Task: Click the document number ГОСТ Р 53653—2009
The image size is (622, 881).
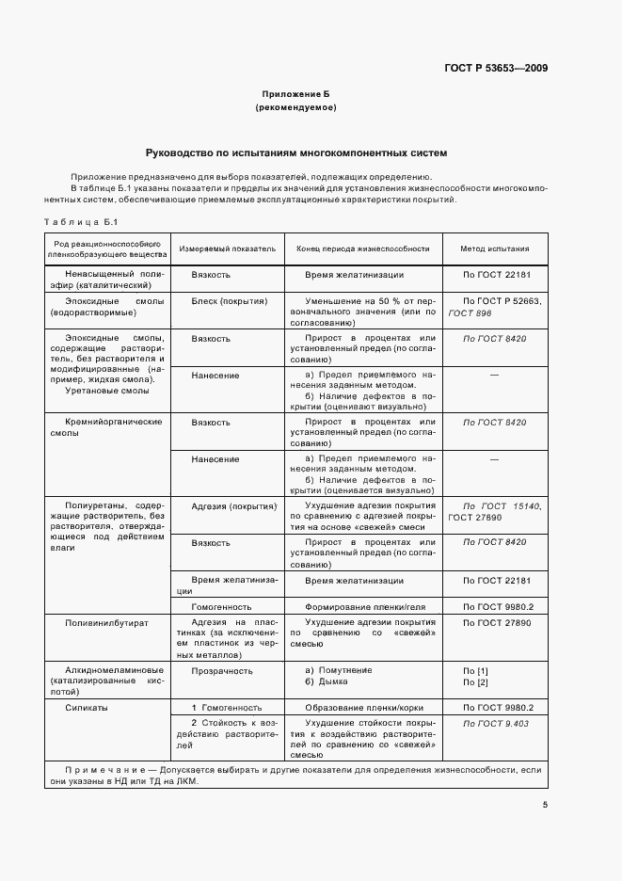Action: (496, 68)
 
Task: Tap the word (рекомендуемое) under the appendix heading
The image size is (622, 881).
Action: (295, 108)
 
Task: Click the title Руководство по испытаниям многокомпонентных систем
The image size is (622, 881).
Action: (295, 152)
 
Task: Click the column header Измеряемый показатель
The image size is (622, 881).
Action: (227, 249)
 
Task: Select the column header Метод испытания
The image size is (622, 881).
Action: (494, 249)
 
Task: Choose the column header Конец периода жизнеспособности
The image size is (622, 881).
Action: (362, 249)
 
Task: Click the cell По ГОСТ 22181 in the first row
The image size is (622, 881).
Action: (497, 275)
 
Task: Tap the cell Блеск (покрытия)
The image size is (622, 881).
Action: (230, 301)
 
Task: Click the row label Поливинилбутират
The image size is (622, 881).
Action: (102, 623)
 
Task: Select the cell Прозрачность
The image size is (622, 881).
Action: (222, 670)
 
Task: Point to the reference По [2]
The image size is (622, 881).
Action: (475, 681)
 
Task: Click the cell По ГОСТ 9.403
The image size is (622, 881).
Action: (496, 723)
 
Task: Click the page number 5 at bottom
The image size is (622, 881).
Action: (546, 805)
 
